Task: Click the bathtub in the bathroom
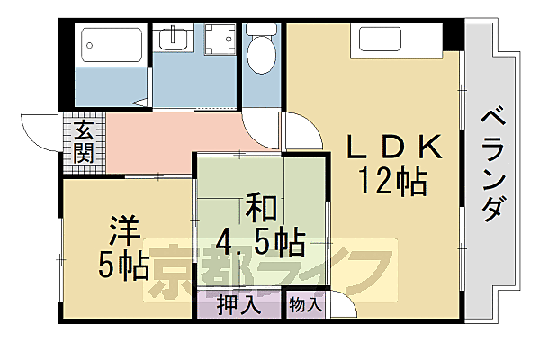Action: (112, 44)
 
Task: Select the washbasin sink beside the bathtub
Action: (175, 40)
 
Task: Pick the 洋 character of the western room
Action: (124, 231)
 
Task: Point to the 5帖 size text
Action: (124, 267)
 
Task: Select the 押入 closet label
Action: (239, 305)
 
